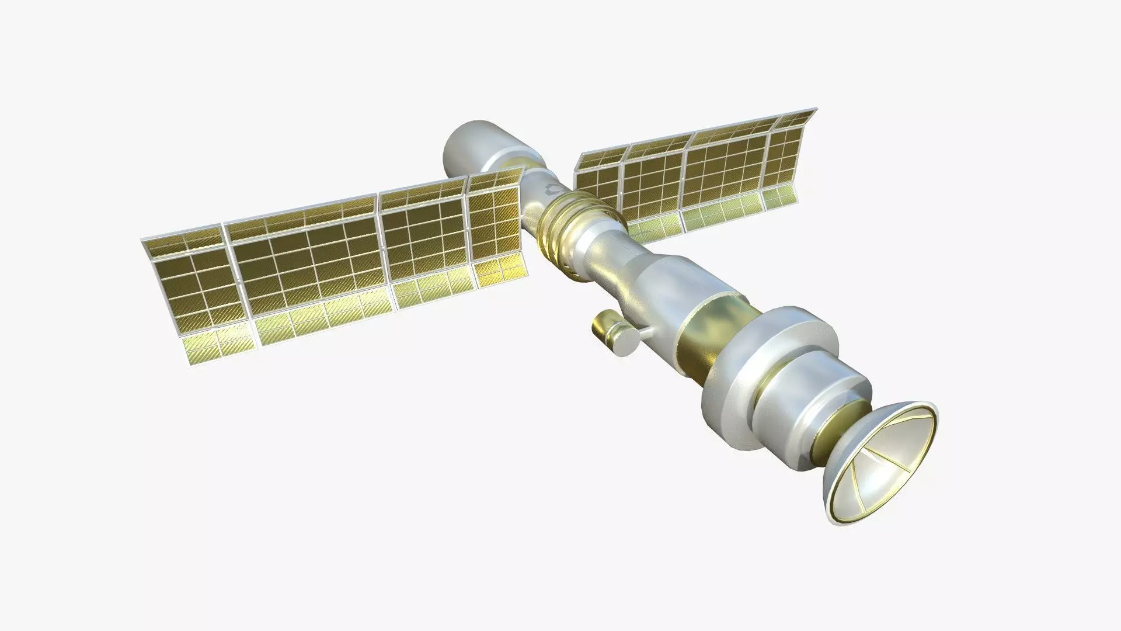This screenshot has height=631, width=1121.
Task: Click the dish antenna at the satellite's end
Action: pos(882,459)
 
